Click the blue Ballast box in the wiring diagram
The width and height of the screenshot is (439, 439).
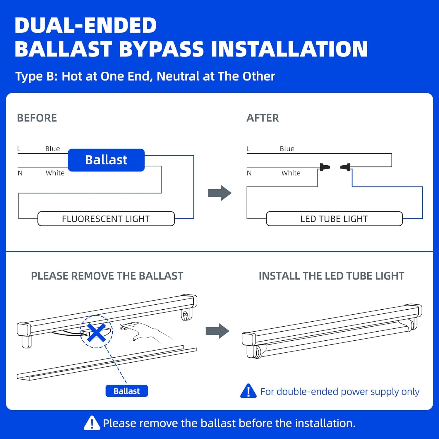106,160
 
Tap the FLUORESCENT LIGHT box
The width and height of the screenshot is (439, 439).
106,219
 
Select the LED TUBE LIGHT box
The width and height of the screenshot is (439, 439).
334,219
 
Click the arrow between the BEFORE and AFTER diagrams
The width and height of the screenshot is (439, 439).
220,193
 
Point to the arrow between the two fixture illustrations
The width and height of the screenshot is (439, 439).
217,331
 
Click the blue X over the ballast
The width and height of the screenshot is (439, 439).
96,332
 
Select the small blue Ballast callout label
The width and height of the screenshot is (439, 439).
127,391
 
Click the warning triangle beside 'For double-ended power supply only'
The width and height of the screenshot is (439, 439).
248,391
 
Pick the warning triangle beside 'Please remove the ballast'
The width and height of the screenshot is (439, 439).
92,423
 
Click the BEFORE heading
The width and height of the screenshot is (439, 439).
37,118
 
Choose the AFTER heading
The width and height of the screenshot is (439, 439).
263,118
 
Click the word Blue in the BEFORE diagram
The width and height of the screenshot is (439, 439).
53,149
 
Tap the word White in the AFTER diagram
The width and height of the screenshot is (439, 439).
291,173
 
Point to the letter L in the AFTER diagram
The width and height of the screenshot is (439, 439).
248,149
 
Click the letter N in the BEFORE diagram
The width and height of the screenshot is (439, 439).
20,173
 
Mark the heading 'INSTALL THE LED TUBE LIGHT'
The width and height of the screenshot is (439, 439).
331,276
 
